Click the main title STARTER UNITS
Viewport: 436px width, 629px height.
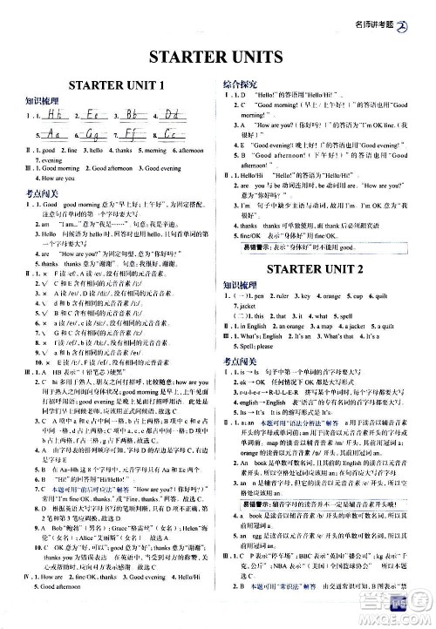[218, 58]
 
